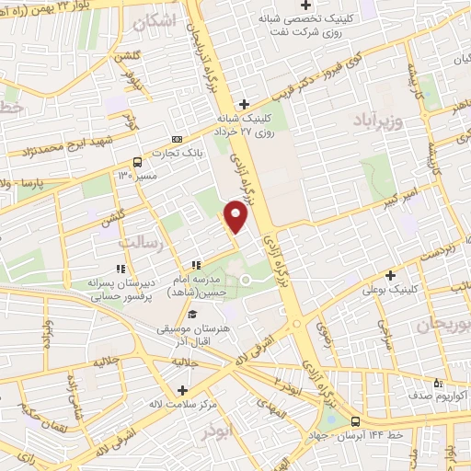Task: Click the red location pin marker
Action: [x=237, y=218]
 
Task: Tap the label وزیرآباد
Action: [x=376, y=121]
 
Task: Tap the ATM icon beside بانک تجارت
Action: [x=176, y=139]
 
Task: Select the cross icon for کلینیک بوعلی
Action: [x=391, y=274]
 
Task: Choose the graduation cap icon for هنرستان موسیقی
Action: [x=192, y=315]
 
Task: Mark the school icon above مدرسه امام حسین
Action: [x=197, y=267]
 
